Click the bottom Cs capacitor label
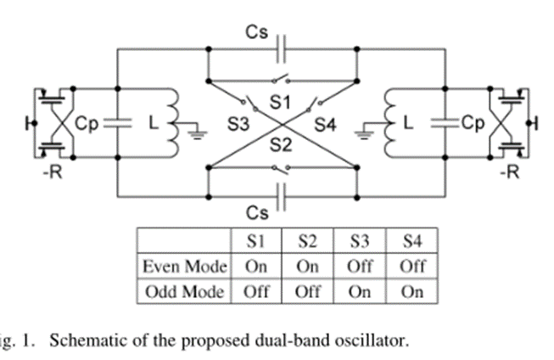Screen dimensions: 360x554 (x=255, y=210)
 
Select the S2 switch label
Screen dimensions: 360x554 (x=281, y=145)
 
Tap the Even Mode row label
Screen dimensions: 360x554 (x=184, y=266)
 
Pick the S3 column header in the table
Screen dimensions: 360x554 (x=360, y=241)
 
